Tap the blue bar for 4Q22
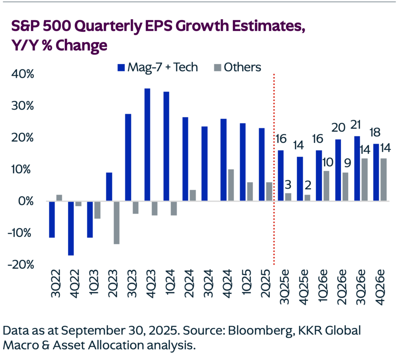(71, 228)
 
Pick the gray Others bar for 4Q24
(231, 185)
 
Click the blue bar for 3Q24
(205, 164)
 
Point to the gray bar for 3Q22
(59, 198)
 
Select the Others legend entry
(236, 67)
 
